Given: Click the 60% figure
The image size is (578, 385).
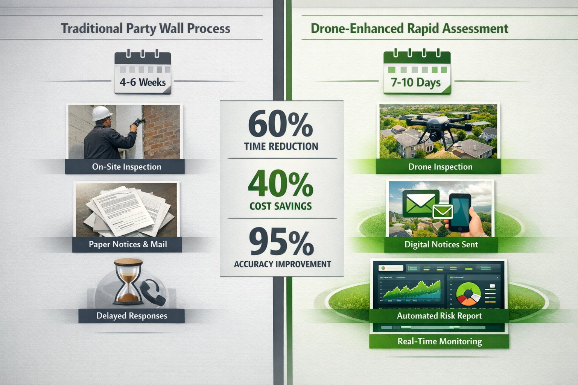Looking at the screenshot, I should point(281,124).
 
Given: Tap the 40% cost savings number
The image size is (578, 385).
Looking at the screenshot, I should point(281,184).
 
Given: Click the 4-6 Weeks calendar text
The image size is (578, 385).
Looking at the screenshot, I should point(143,82).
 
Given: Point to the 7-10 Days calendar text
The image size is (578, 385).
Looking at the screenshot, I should point(415,82).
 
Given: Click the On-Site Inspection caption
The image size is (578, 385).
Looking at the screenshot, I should point(126,167).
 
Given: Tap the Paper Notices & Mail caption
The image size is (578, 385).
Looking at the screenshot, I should point(128,244).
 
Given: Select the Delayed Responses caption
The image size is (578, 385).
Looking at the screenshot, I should point(132,316).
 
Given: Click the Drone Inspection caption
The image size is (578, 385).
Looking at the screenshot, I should point(440,167).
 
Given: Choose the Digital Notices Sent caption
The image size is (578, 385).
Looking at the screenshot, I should point(441,245).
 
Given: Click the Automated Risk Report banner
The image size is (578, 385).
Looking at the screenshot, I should point(439,316).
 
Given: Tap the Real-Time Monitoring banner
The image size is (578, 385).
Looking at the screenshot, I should point(440,341).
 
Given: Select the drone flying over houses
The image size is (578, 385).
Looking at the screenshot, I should point(438,128).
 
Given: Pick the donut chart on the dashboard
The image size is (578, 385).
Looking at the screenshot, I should point(468,293).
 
